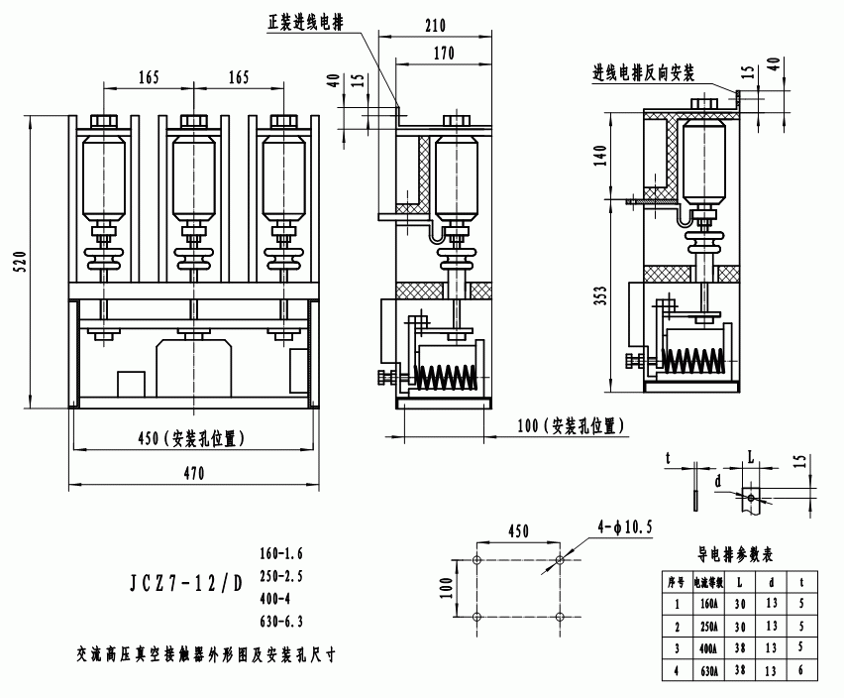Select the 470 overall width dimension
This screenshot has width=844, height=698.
pyautogui.click(x=194, y=474)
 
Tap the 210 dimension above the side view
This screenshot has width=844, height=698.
pyautogui.click(x=436, y=26)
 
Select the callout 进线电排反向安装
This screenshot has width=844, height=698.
pyautogui.click(x=643, y=73)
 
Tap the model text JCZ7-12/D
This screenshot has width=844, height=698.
pyautogui.click(x=186, y=584)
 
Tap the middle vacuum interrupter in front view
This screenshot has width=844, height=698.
pyautogui.click(x=194, y=173)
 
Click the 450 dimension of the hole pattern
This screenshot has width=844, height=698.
pyautogui.click(x=518, y=530)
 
